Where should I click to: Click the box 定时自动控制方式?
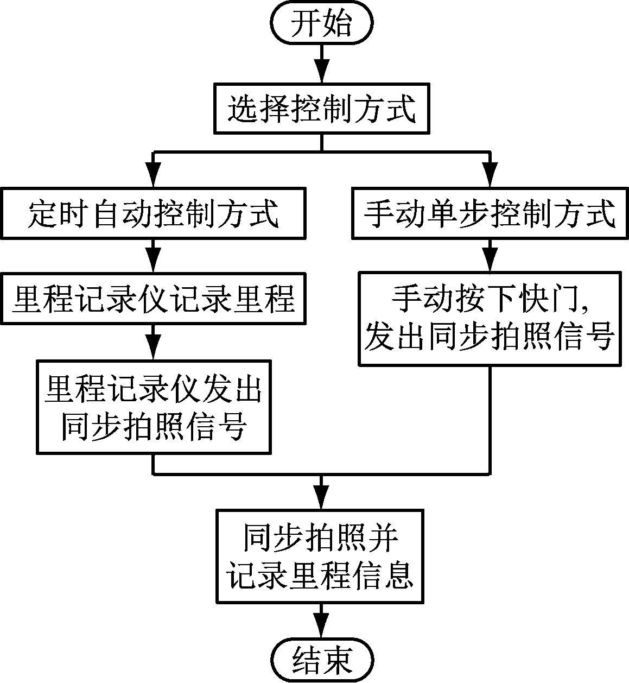point(153,213)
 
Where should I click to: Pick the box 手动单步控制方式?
point(490,213)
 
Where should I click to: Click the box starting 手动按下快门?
point(490,319)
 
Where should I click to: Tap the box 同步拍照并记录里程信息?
point(320,555)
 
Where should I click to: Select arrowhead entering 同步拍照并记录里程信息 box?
point(322,496)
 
